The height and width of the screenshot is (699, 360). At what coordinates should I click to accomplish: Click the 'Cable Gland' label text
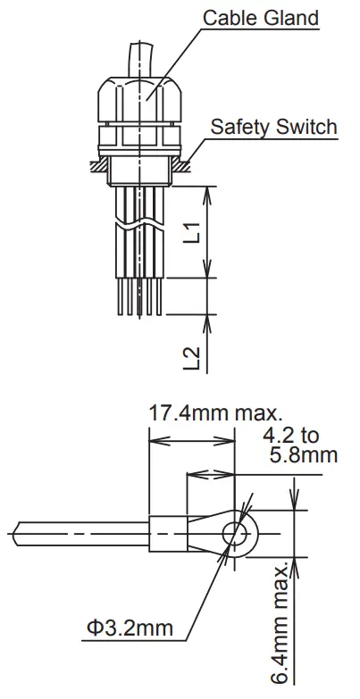(x=260, y=17)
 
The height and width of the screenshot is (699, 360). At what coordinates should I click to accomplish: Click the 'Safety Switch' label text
(x=273, y=126)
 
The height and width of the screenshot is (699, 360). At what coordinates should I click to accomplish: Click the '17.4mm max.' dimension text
(x=215, y=413)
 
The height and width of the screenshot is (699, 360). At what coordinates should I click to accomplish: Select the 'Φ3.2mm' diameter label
(x=130, y=628)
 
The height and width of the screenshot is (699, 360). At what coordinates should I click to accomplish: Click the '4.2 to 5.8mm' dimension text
(x=301, y=446)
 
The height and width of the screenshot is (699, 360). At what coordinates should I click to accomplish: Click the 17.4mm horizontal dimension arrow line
(x=191, y=439)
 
